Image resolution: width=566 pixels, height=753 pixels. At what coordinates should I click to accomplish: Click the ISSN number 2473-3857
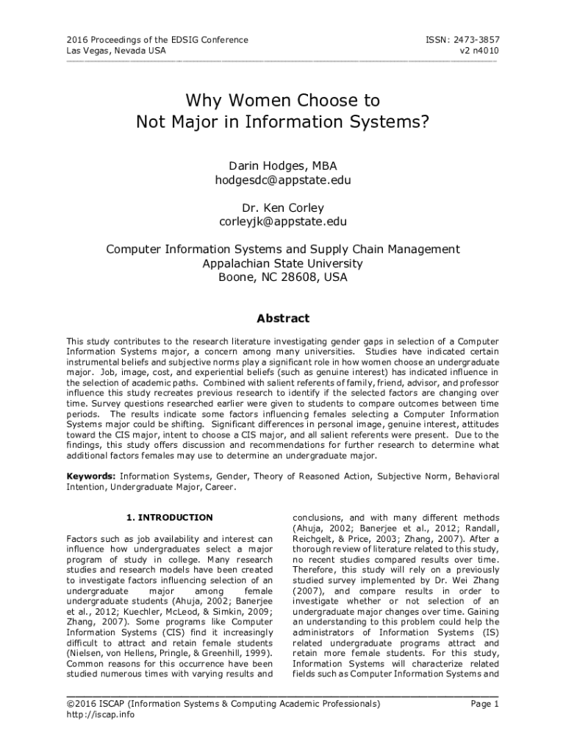tap(471, 39)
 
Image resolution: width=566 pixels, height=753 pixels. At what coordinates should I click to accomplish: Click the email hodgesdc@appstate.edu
tap(283, 180)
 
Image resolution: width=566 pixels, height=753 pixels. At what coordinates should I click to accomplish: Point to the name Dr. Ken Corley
tap(283, 207)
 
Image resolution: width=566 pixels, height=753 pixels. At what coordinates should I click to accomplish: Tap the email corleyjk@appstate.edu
tap(283, 221)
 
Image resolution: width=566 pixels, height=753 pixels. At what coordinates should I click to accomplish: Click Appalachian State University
tap(283, 263)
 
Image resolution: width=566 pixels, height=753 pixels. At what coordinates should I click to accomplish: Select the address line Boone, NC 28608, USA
tap(283, 277)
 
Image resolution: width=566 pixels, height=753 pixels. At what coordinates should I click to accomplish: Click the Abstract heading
tap(283, 318)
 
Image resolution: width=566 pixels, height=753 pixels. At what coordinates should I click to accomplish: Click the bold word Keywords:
tap(91, 477)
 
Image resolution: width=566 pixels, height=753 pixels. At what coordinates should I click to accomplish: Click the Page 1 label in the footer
tap(484, 704)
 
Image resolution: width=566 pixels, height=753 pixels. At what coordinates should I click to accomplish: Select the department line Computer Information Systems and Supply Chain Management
tap(283, 249)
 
